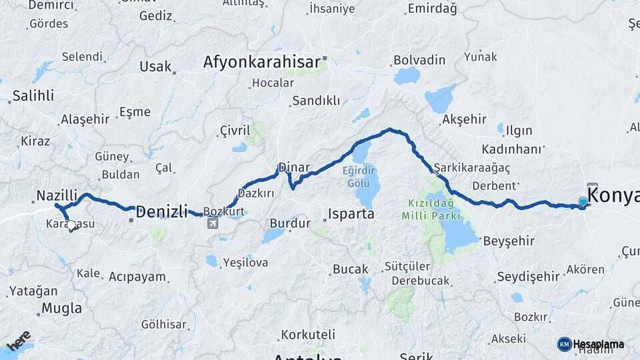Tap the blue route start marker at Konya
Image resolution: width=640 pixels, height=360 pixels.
[x=583, y=202]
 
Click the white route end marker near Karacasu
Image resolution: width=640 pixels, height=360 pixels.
[x=71, y=226]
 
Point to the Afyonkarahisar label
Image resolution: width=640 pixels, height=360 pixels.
[x=261, y=63]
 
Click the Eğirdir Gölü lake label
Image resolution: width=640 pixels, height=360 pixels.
[x=365, y=175]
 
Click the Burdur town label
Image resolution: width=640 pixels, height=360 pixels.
[x=290, y=223]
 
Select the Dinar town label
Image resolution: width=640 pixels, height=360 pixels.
[x=293, y=167]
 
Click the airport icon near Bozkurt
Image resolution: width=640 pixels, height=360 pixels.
[x=213, y=223]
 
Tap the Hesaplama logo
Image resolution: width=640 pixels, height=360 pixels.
[x=591, y=344]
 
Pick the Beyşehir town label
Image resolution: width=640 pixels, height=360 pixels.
[x=509, y=241]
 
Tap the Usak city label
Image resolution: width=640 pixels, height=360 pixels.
[x=155, y=67]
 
